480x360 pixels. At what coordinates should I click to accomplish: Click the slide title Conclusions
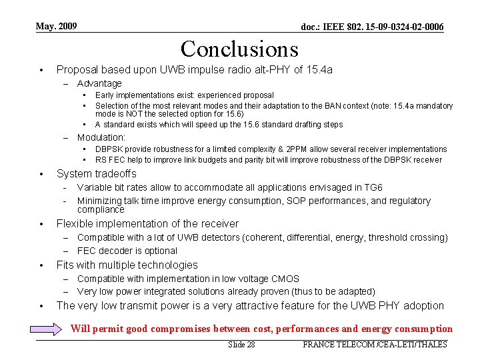(x=239, y=49)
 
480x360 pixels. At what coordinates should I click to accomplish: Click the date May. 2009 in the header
(x=56, y=27)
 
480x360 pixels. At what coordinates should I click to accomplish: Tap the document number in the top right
(x=372, y=27)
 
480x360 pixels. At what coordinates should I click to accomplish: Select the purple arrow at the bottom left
(x=50, y=329)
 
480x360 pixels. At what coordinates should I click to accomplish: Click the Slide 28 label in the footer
(x=241, y=345)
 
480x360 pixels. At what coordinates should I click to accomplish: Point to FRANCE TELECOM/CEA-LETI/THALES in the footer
(x=375, y=345)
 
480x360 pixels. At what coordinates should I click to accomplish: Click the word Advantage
(x=99, y=83)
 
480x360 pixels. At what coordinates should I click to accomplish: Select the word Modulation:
(x=101, y=137)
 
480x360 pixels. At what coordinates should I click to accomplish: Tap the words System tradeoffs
(x=97, y=174)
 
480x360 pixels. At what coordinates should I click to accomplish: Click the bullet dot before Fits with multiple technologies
(x=41, y=265)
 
